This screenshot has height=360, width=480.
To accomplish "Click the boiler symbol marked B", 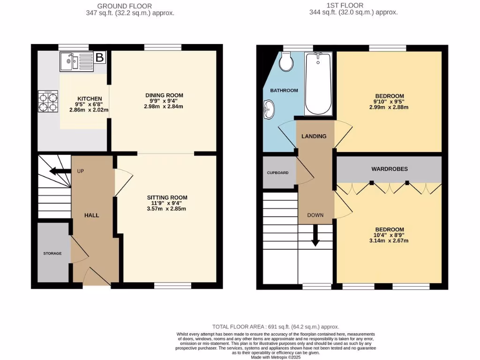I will pyautogui.click(x=100, y=58).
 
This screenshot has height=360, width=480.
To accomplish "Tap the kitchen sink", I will pyautogui.click(x=77, y=61).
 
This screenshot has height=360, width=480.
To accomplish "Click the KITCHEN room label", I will pyautogui.click(x=86, y=98).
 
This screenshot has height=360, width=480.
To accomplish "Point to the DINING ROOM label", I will pyautogui.click(x=164, y=95).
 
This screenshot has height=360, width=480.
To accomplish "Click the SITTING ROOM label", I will pyautogui.click(x=167, y=197).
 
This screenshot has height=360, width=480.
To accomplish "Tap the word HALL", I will pyautogui.click(x=91, y=215).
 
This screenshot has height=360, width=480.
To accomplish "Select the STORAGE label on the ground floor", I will pyautogui.click(x=52, y=254).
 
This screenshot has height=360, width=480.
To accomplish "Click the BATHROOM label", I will pyautogui.click(x=284, y=90).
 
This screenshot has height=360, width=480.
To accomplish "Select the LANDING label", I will pyautogui.click(x=314, y=136).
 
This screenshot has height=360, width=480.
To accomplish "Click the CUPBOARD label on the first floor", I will pyautogui.click(x=278, y=172).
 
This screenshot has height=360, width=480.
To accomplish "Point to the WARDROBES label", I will pyautogui.click(x=389, y=169).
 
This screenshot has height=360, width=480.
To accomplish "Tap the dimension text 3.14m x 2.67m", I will pyautogui.click(x=389, y=241).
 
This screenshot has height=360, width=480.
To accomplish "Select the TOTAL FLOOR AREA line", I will pyautogui.click(x=276, y=327).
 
